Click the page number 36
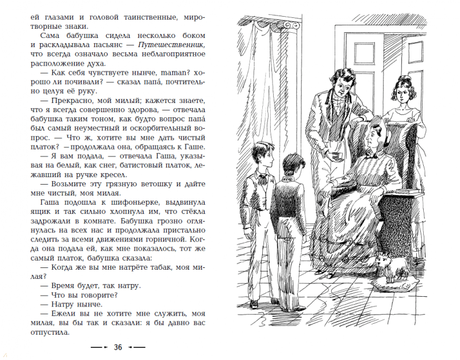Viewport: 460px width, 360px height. pos(118,347)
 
